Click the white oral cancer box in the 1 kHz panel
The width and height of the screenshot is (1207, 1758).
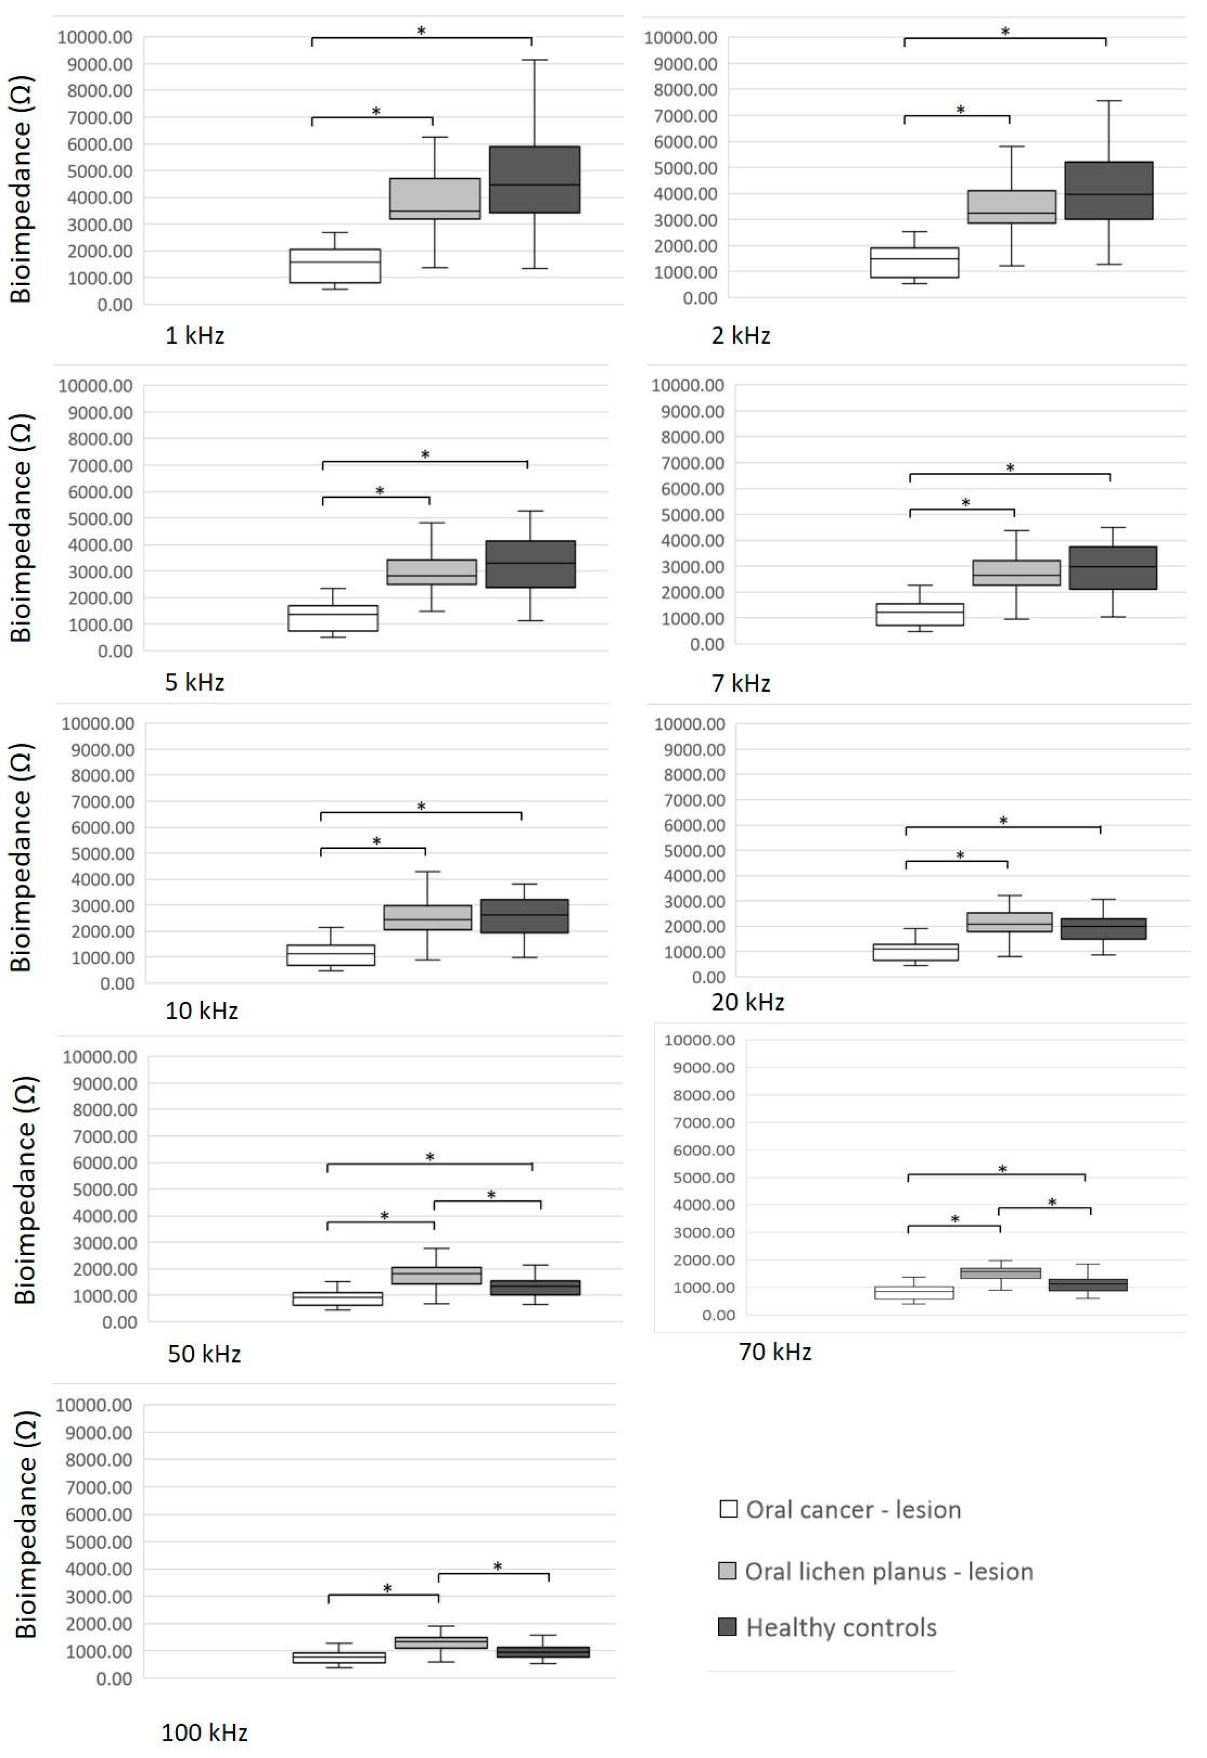click(335, 266)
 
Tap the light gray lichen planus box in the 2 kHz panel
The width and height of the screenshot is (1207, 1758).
click(1011, 207)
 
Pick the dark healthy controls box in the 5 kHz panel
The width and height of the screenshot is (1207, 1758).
click(530, 564)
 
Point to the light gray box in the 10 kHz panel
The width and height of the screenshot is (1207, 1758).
click(427, 917)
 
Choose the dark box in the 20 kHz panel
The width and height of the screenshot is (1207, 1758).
click(1102, 928)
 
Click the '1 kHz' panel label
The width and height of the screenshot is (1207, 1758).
click(194, 335)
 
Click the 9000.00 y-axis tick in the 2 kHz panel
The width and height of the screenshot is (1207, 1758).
click(687, 64)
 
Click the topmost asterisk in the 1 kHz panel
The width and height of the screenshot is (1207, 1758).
click(421, 31)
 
